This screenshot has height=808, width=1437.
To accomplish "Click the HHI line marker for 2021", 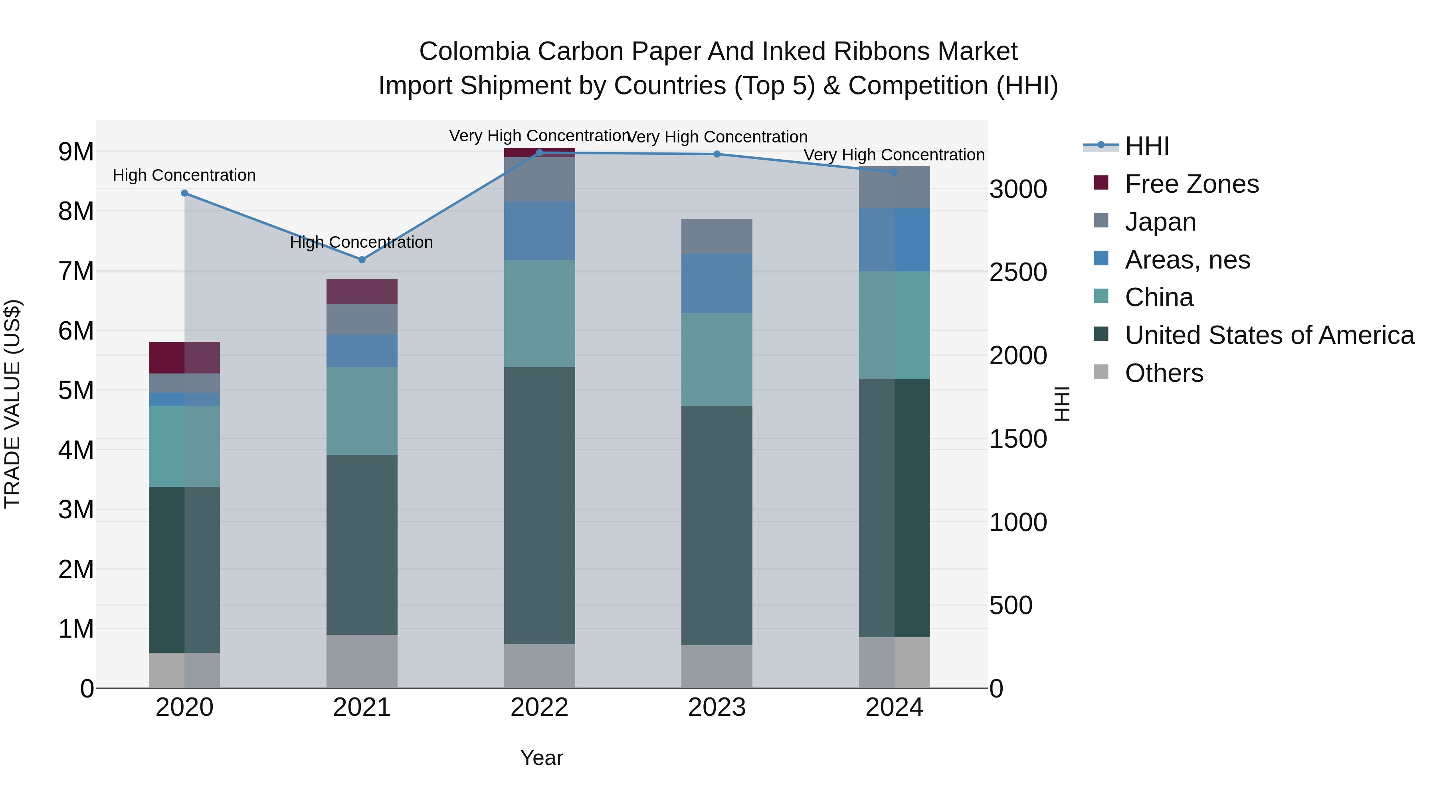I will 362,260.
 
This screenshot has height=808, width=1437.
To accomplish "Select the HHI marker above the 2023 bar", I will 717,154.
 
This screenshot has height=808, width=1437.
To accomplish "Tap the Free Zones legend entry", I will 1191,184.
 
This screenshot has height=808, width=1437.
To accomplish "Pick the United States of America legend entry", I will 1269,335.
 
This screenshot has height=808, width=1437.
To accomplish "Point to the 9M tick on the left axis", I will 76,152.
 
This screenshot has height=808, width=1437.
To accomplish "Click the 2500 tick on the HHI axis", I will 1018,273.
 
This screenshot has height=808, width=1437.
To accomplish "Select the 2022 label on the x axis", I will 539,707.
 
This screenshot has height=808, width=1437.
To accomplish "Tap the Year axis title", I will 541,758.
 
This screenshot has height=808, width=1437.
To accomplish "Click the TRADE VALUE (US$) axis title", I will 12,404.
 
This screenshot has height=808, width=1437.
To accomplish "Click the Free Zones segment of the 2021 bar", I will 362,292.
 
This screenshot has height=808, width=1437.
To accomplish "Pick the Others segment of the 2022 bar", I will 539,666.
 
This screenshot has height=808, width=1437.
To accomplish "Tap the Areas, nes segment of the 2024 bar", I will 894,240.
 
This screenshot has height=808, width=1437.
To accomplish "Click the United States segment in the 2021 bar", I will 362,544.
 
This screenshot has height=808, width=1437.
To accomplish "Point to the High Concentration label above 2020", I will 184,175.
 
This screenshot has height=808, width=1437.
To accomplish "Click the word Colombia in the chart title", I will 473,51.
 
